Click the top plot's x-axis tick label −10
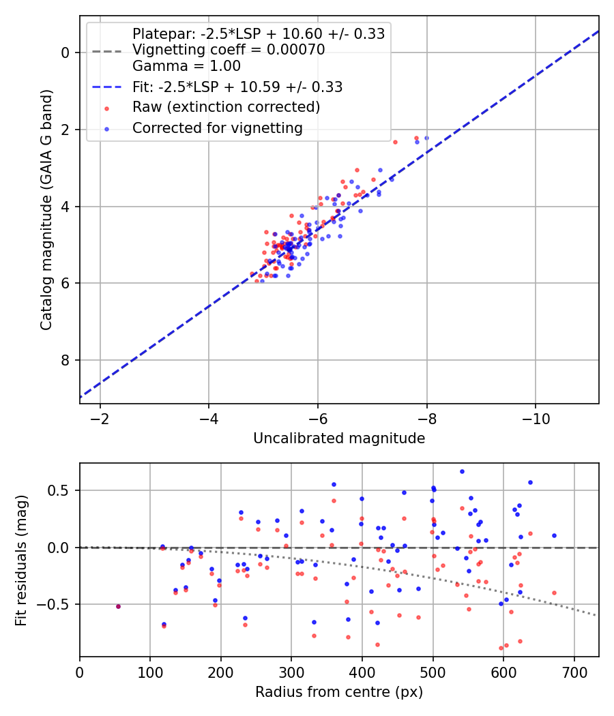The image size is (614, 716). [x=536, y=419]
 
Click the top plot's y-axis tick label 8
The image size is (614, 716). [x=65, y=360]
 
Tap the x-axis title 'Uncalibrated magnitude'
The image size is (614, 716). [x=339, y=438]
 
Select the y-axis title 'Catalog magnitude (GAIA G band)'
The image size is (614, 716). [x=46, y=210]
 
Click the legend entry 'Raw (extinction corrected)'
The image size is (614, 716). [x=226, y=107]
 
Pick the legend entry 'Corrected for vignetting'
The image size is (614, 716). [x=218, y=128]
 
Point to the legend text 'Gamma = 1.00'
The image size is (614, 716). [x=186, y=66]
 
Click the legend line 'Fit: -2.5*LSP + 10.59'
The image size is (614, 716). [x=107, y=87]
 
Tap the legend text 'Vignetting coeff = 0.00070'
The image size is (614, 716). [x=229, y=50]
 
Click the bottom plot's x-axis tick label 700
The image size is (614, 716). [x=574, y=672]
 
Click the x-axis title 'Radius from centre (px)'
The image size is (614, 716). [x=339, y=692]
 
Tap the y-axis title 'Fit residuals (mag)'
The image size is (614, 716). [x=21, y=561]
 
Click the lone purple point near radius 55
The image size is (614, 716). [x=118, y=606]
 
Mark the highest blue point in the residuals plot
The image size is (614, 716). [x=462, y=472]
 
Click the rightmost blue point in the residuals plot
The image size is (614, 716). [x=554, y=535]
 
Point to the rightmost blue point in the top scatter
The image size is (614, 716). [x=426, y=138]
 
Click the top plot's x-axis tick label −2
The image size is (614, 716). [x=100, y=419]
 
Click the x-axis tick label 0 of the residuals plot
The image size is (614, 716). [x=80, y=672]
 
